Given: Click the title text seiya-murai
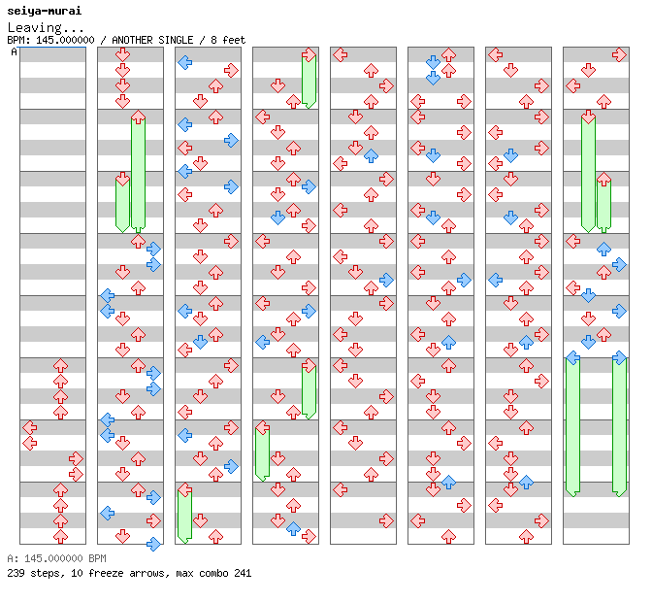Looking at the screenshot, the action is tap(44, 11).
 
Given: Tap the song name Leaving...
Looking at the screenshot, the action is tap(35, 27).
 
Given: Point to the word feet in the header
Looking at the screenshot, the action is tap(234, 40).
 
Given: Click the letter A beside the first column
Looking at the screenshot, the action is tap(14, 51).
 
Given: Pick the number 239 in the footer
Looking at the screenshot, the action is tap(16, 573).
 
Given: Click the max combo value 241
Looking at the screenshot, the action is tap(243, 573).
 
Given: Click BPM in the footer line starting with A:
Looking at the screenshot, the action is tap(97, 558).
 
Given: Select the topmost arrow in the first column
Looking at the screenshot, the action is tap(60, 366).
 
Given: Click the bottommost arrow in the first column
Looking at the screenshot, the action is tap(60, 536).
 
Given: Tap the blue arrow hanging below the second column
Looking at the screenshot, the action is tap(153, 544).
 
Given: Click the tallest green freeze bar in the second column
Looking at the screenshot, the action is tap(138, 172).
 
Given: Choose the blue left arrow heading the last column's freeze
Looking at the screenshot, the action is tap(573, 357).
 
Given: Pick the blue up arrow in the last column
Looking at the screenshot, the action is tap(603, 249).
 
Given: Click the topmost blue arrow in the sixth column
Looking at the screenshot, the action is tap(433, 62).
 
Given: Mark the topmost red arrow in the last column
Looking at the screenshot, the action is tap(619, 54).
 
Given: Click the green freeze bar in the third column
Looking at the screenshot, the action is tap(184, 516).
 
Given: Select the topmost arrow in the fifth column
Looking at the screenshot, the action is tap(340, 54).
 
